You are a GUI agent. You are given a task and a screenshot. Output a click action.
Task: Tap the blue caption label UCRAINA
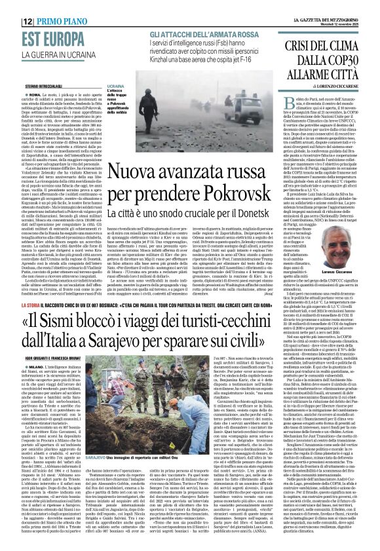(x=115, y=86)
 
